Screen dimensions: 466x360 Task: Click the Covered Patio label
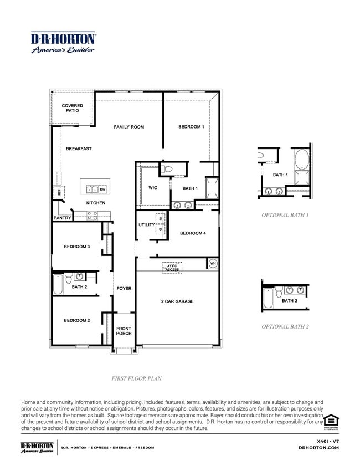coord(72,108)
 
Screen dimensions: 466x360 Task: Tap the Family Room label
coord(128,127)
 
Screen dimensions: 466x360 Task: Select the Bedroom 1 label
coord(191,127)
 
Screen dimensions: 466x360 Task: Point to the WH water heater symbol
coord(212,263)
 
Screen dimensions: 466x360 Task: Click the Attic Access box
coord(171,268)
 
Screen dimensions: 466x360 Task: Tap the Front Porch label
coord(124,331)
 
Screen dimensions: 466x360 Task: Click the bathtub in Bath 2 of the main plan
coord(58,284)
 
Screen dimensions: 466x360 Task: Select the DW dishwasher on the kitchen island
coord(102,190)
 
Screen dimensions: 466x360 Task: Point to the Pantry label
coord(61,218)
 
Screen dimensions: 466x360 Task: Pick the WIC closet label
coord(152,188)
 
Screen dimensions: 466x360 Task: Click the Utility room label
coord(146,224)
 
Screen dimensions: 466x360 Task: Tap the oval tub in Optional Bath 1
coord(302,160)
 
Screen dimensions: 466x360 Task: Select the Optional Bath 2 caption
coord(285,326)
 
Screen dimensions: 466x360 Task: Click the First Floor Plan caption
coord(136,378)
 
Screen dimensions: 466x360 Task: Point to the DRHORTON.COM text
coord(318,447)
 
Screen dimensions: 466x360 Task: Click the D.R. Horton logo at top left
coord(63,42)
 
